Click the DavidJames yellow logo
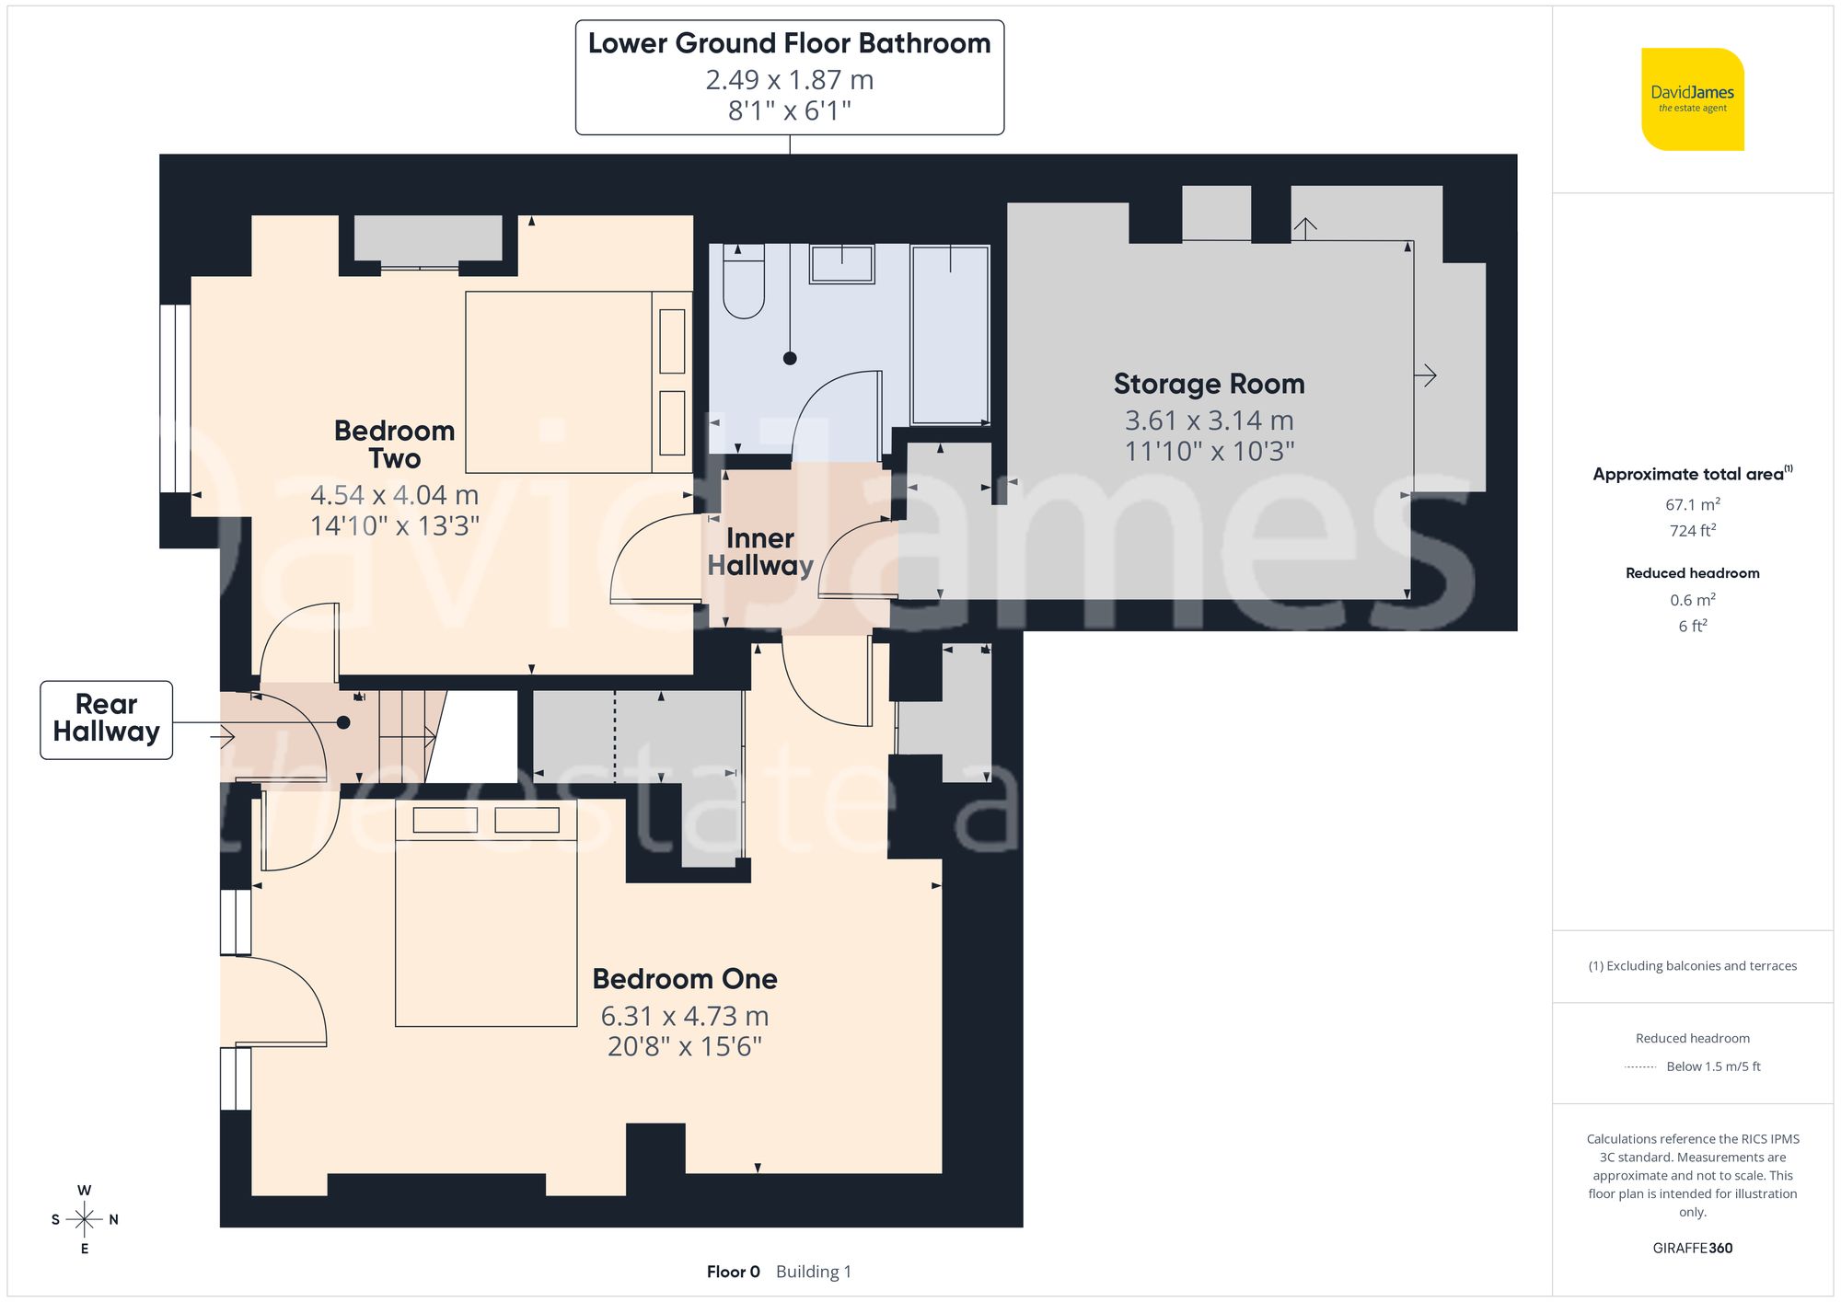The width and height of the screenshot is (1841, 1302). [1692, 99]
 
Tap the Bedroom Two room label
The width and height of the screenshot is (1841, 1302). [394, 444]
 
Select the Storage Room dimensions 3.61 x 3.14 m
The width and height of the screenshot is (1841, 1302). [1209, 421]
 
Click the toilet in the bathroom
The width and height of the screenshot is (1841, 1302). [744, 281]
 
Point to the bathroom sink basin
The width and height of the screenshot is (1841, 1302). [841, 264]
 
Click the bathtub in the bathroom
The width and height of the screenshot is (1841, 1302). [950, 334]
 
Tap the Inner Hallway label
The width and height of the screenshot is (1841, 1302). [760, 551]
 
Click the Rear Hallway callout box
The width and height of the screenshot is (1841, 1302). [106, 719]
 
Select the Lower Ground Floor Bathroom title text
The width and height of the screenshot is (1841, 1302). [789, 43]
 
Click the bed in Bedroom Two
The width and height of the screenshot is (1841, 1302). [578, 382]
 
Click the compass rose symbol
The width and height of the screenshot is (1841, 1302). [84, 1219]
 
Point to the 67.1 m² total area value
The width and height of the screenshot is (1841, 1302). [1692, 504]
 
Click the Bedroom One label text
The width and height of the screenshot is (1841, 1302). [684, 978]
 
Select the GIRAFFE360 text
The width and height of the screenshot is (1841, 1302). [1692, 1248]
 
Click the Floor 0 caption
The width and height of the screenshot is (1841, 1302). [733, 1272]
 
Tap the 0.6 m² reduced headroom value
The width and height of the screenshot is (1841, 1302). [1692, 600]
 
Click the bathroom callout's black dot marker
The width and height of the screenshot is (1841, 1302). [790, 359]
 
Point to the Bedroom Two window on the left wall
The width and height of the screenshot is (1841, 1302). [175, 398]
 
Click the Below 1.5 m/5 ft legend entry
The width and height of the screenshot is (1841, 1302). [1712, 1066]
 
